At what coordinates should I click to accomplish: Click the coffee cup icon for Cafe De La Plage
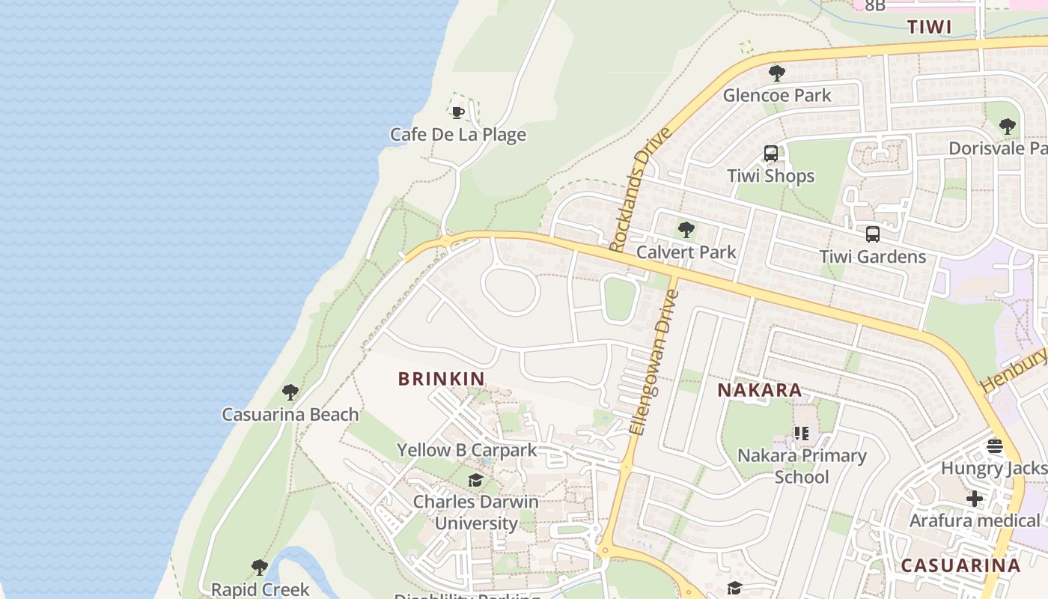[457, 113]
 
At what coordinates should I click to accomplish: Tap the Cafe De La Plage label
[457, 135]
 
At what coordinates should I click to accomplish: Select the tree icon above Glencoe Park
[776, 73]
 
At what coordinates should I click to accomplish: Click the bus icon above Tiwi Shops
[770, 154]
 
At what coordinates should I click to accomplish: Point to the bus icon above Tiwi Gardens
[872, 234]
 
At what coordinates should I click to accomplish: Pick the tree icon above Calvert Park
[686, 230]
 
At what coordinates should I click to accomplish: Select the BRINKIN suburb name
[442, 379]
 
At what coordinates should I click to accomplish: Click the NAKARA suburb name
[759, 390]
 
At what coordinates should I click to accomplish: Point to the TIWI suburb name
[929, 27]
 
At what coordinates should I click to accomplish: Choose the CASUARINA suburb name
[960, 565]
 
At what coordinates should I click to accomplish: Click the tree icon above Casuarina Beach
[290, 392]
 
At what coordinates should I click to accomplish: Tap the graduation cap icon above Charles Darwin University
[475, 480]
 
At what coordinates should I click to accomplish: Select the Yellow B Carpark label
[466, 450]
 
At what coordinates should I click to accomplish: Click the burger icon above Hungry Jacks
[995, 447]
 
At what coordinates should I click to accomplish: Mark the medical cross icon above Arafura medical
[974, 498]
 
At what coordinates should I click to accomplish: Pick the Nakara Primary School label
[802, 466]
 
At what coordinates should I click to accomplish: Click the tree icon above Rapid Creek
[259, 568]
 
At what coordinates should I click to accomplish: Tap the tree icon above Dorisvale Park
[1007, 127]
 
